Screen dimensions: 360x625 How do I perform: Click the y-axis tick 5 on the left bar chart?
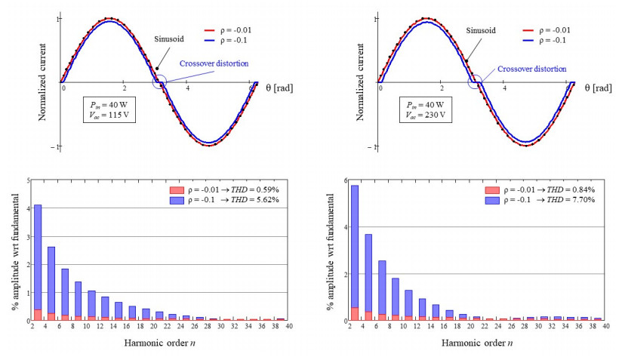click(28, 180)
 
